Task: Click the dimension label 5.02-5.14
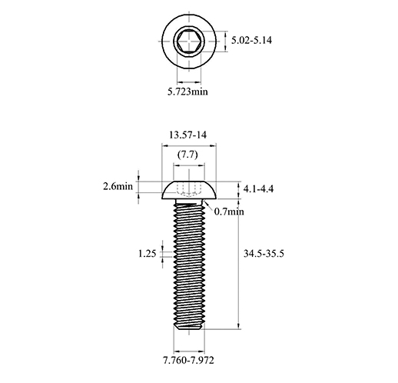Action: pos(251,41)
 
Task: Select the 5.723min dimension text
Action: pos(187,92)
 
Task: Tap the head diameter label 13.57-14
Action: pos(187,135)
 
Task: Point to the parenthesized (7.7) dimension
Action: pos(187,155)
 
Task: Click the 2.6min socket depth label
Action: pos(118,186)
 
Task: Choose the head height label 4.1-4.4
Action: pos(258,189)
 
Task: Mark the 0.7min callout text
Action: pos(229,211)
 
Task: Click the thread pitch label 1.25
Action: pos(148,254)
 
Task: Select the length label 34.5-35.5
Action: pos(264,254)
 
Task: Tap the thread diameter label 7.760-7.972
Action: pos(188,361)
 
